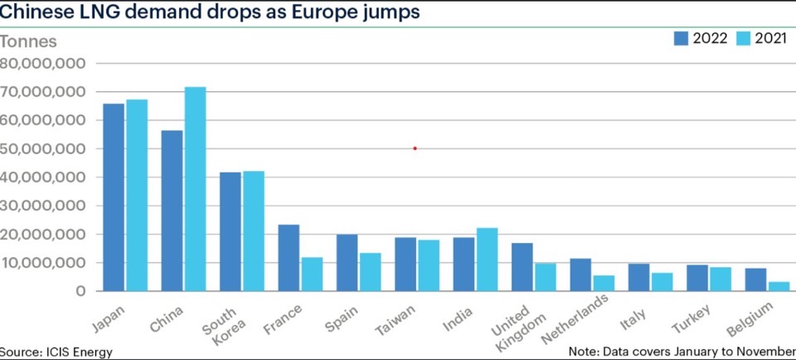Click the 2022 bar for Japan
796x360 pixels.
coord(114,197)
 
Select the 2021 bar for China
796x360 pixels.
coord(195,189)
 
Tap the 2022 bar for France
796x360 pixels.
coord(289,258)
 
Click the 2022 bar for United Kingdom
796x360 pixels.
coord(522,267)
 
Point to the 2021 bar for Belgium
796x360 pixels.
coord(779,287)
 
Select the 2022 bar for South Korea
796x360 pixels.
coord(231,231)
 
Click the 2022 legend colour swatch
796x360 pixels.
coord(681,37)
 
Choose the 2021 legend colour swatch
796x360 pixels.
coord(742,37)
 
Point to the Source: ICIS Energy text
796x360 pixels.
coord(56,352)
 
